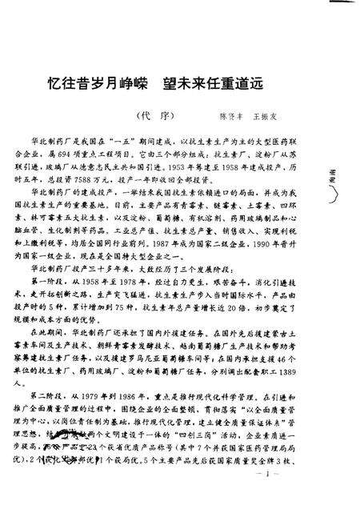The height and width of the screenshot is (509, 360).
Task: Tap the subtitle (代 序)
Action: click(x=151, y=114)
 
